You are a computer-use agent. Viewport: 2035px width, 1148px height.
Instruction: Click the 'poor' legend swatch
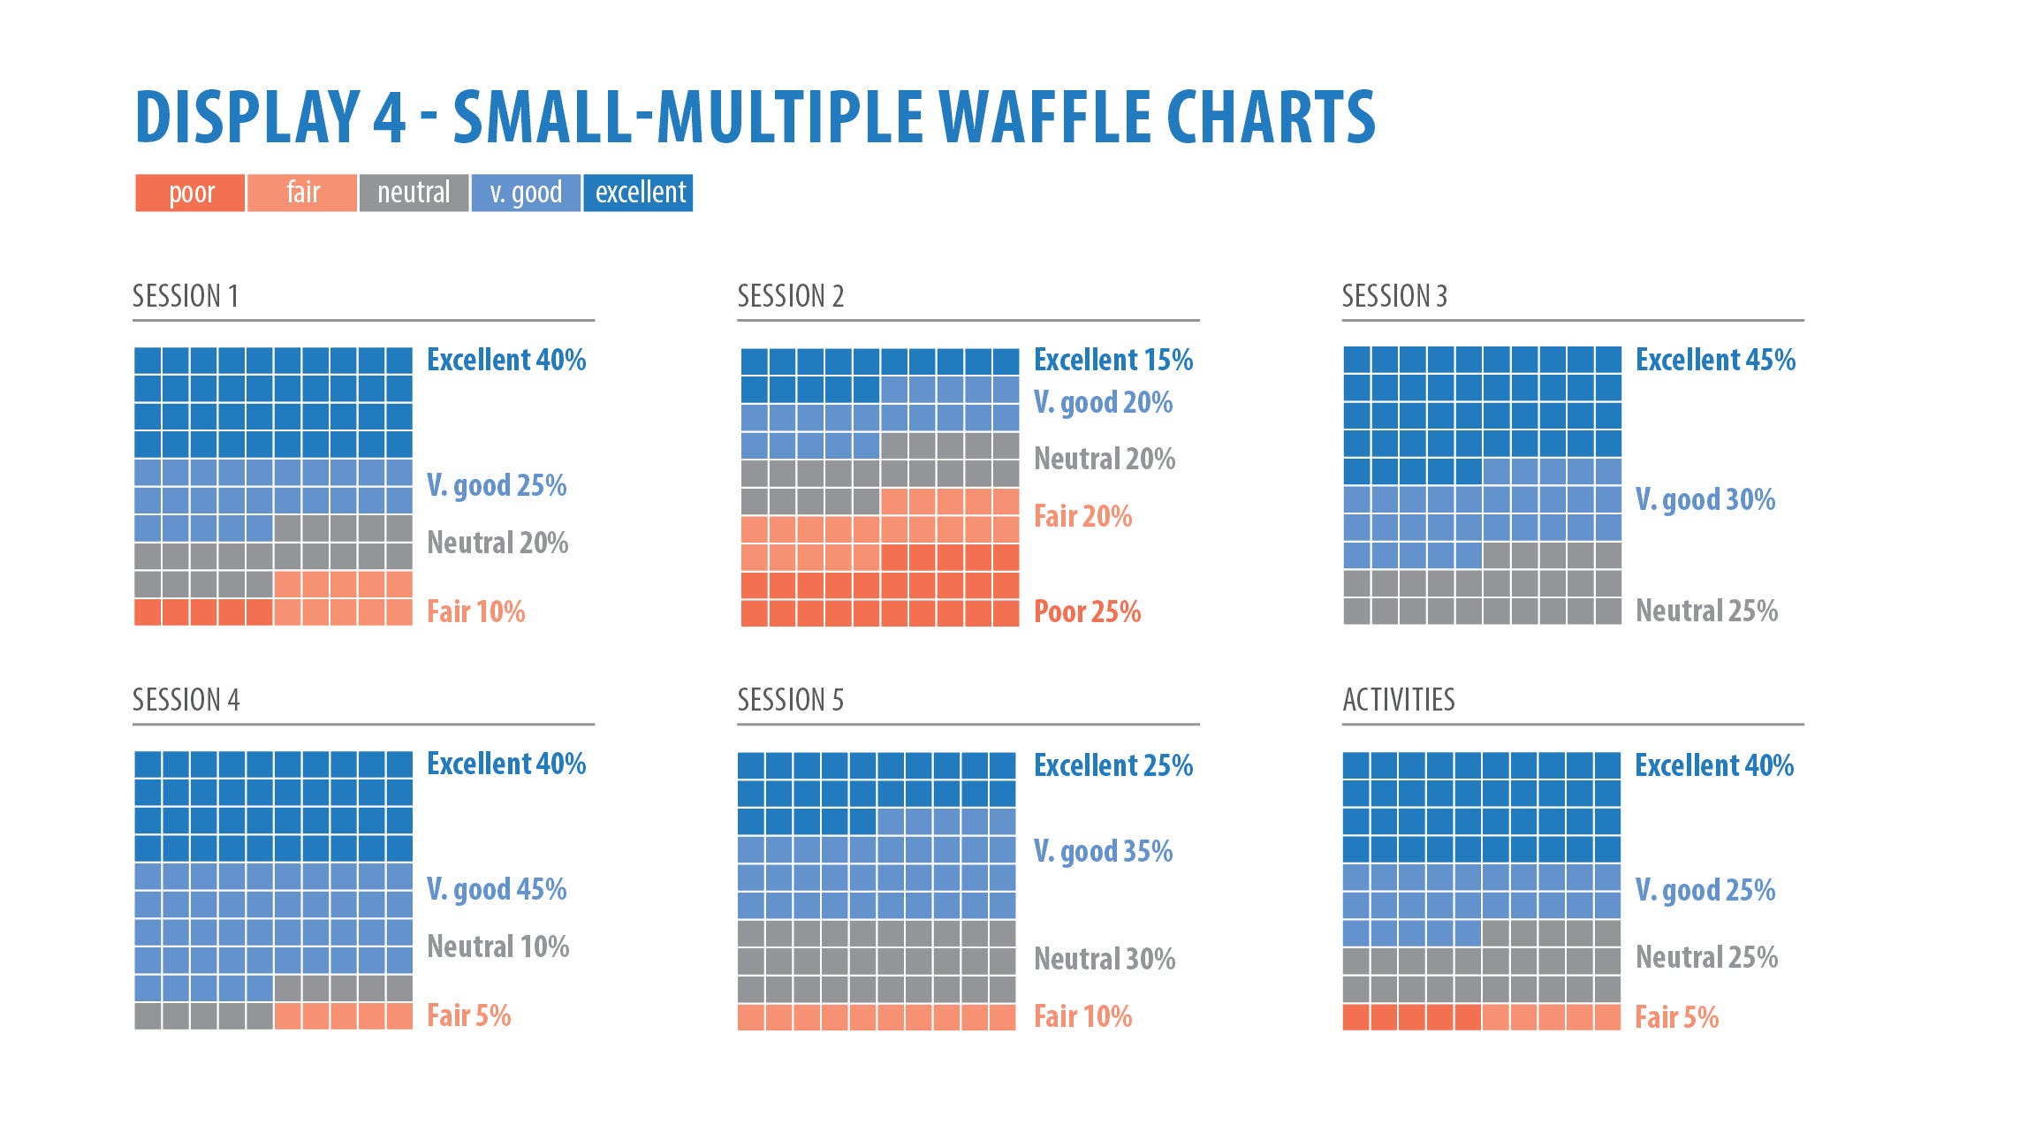[x=190, y=193]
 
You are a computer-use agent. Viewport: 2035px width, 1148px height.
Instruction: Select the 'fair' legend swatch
[x=302, y=193]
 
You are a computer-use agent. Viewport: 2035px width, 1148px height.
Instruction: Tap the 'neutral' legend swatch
[x=414, y=193]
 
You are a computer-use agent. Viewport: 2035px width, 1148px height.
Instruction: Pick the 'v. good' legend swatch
[x=526, y=193]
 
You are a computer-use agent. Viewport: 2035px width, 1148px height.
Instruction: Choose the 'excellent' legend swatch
[x=639, y=193]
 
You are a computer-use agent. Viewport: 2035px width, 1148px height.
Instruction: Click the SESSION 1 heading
[x=186, y=296]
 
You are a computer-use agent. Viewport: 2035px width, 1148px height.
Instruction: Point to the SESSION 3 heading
[x=1394, y=296]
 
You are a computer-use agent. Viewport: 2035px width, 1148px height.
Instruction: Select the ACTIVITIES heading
[x=1398, y=700]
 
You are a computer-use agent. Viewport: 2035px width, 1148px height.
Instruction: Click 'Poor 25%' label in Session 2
[x=1087, y=612]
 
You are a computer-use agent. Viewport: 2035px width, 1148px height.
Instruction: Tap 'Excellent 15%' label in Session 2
[x=1112, y=360]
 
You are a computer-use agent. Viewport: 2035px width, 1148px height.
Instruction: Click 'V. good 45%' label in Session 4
[x=497, y=889]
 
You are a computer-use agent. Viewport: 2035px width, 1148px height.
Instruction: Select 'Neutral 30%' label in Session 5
[x=1105, y=959]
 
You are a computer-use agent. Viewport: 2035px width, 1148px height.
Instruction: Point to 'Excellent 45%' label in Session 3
[x=1715, y=360]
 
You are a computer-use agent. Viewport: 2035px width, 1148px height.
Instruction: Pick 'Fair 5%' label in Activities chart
[x=1676, y=1017]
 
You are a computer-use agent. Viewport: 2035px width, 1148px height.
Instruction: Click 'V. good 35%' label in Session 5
[x=1103, y=851]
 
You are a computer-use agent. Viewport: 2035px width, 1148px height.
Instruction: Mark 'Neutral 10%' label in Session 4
[x=497, y=947]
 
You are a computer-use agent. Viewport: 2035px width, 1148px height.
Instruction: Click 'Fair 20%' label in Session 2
[x=1082, y=516]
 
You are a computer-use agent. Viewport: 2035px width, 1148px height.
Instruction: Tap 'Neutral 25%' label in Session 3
[x=1706, y=611]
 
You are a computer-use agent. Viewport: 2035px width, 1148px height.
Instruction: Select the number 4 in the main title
[x=390, y=117]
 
